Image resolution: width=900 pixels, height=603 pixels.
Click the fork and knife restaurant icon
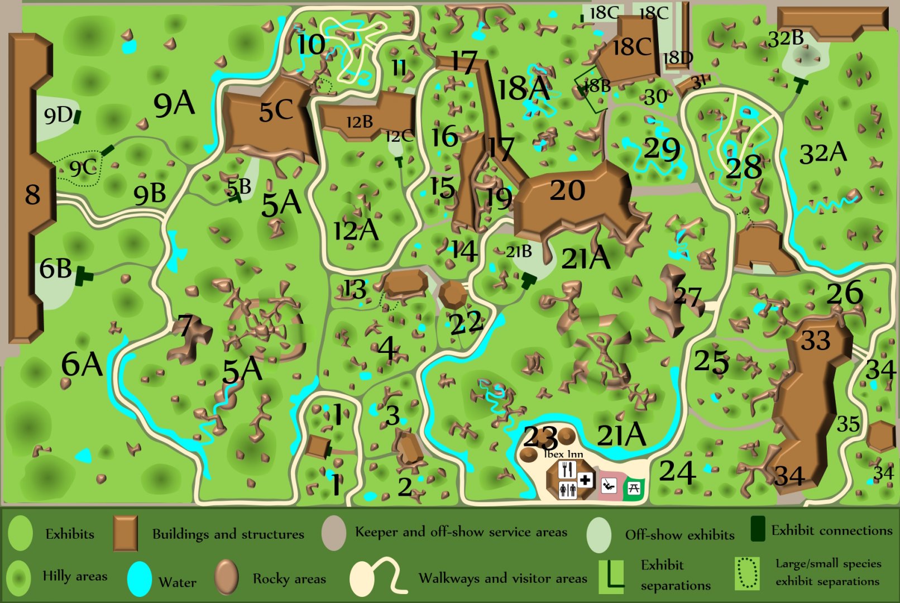pyautogui.click(x=567, y=470)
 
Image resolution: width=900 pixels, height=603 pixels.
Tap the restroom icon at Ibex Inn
pyautogui.click(x=567, y=490)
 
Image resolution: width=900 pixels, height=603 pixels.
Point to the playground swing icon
pyautogui.click(x=609, y=485)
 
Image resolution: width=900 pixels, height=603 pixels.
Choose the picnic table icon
pyautogui.click(x=634, y=487)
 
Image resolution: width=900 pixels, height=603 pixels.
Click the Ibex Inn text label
pyautogui.click(x=563, y=454)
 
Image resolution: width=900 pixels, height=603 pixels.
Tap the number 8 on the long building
pyautogui.click(x=32, y=194)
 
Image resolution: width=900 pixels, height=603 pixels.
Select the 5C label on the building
pyautogui.click(x=276, y=111)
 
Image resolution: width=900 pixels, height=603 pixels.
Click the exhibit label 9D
pyautogui.click(x=58, y=116)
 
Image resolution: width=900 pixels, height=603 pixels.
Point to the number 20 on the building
pyautogui.click(x=567, y=190)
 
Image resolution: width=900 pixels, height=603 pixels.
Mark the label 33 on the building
pyautogui.click(x=816, y=340)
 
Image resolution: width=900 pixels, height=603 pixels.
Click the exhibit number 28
pyautogui.click(x=744, y=167)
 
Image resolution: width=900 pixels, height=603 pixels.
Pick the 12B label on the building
pyautogui.click(x=360, y=122)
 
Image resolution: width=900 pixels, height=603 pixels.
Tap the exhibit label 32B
pyautogui.click(x=786, y=38)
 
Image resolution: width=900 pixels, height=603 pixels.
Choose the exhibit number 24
pyautogui.click(x=677, y=472)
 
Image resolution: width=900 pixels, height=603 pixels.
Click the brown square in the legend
pyautogui.click(x=125, y=533)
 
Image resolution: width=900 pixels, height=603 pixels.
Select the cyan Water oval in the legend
pyautogui.click(x=140, y=578)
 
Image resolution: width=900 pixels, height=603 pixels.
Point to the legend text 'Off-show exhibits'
pyautogui.click(x=679, y=535)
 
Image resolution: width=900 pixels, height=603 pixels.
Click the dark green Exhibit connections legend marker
pyautogui.click(x=758, y=529)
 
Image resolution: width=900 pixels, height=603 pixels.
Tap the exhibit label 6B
pyautogui.click(x=55, y=269)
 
